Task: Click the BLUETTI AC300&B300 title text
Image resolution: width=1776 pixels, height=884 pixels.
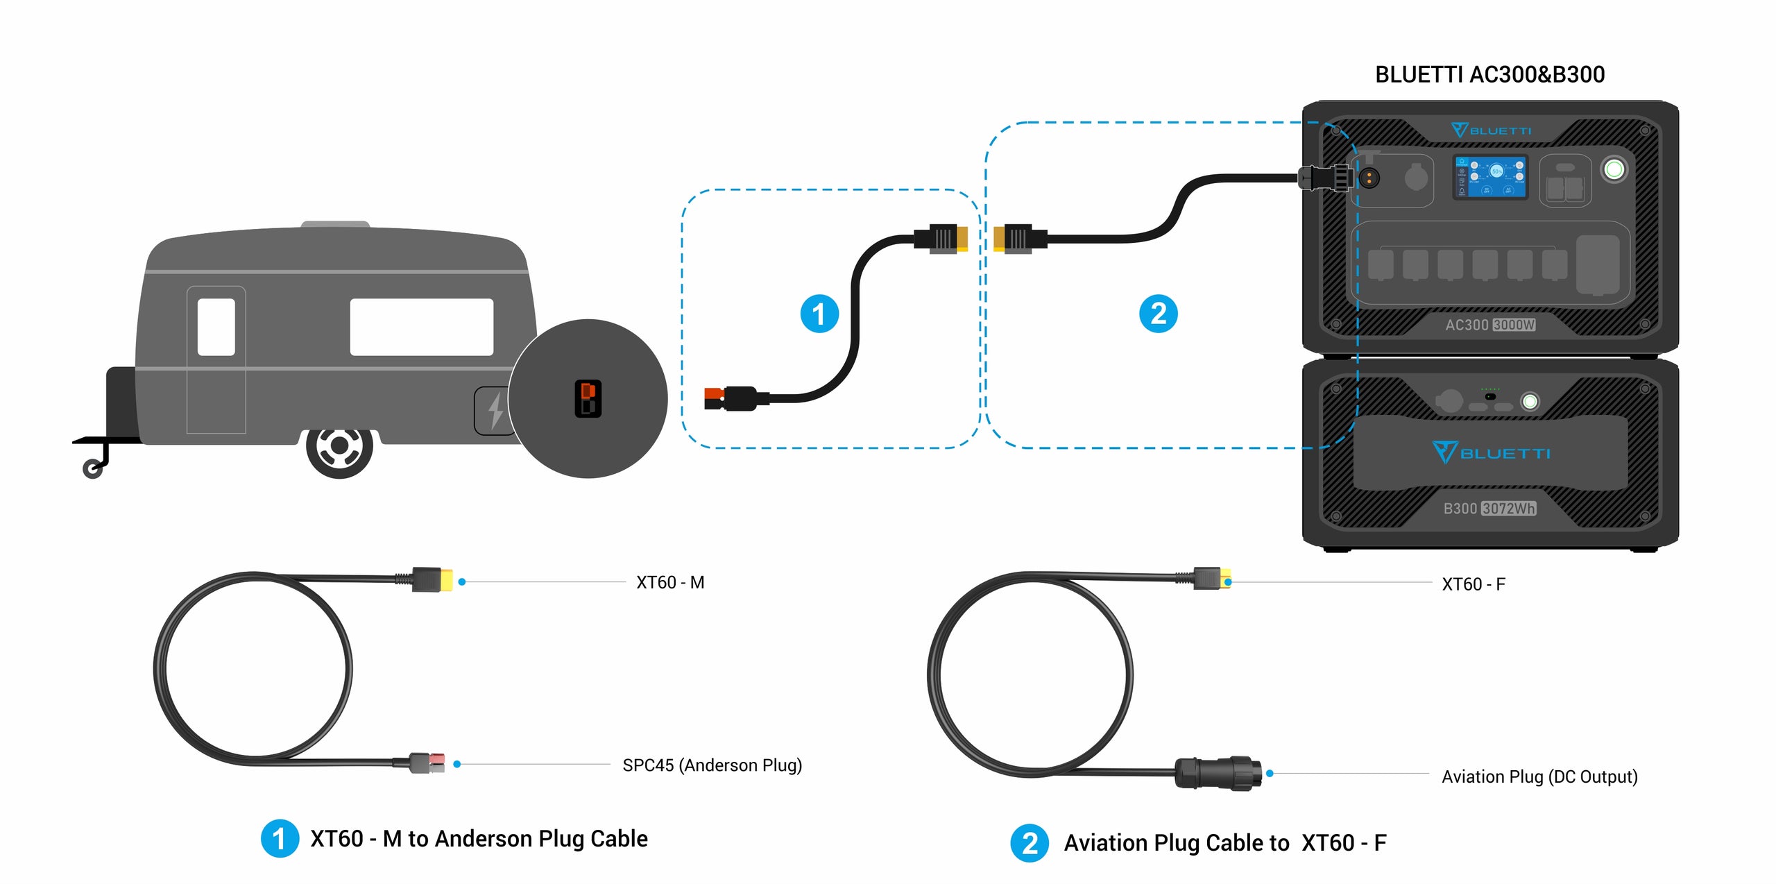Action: coord(1489,74)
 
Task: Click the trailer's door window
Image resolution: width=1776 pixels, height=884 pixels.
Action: coord(216,327)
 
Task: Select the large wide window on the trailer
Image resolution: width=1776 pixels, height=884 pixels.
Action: coord(421,327)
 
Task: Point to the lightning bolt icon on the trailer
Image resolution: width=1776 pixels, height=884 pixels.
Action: coord(495,410)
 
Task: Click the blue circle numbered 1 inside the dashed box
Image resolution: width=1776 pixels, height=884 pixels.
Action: coord(819,314)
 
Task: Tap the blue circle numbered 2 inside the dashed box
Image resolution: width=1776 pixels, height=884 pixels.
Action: coord(1158,314)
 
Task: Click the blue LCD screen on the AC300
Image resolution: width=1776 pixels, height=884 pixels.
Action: coord(1490,176)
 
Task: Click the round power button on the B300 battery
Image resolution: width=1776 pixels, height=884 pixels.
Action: coord(1530,401)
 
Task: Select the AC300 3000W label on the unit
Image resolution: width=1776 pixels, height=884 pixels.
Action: coord(1489,325)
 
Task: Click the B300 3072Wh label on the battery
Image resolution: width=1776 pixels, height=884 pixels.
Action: coord(1489,509)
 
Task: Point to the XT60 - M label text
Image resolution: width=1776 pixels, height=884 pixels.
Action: coord(670,582)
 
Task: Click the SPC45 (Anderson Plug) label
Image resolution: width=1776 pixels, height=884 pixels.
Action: coord(712,765)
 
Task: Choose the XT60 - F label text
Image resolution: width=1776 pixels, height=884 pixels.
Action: coord(1473,584)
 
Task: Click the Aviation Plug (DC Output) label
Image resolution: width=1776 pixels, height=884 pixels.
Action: coord(1539,776)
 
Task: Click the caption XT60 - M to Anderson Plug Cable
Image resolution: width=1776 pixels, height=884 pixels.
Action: coord(479,839)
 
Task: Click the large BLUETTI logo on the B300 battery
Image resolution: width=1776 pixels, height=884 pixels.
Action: coord(1490,453)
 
